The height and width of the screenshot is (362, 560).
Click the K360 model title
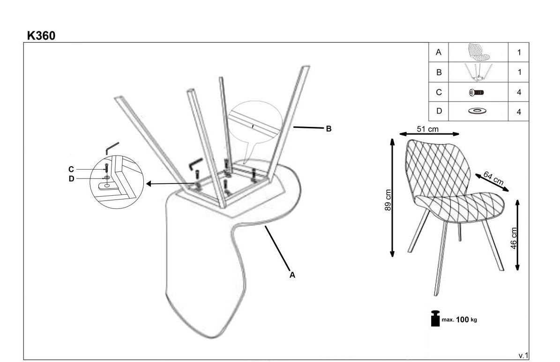[x=41, y=36]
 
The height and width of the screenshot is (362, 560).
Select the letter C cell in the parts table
[x=439, y=92]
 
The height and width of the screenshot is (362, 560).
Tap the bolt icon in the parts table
[x=477, y=92]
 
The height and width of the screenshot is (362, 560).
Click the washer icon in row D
[x=478, y=111]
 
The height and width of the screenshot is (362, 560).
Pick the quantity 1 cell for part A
[x=519, y=52]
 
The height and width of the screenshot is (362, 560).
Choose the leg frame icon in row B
[x=478, y=73]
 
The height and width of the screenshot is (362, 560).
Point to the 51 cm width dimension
[x=427, y=129]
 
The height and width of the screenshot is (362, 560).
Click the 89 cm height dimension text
[x=388, y=200]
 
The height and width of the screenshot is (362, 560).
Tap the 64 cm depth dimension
[x=493, y=178]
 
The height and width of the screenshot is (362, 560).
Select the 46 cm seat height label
[x=513, y=238]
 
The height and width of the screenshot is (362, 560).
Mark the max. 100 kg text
[x=459, y=319]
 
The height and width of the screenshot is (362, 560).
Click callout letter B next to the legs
[x=329, y=129]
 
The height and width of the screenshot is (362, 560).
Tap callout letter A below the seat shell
[x=292, y=275]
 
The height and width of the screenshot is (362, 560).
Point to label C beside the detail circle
[x=71, y=170]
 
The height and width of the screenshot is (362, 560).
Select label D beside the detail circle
[x=71, y=179]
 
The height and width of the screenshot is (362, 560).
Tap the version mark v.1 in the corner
[x=523, y=355]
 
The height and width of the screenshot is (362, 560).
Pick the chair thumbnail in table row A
[x=478, y=52]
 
